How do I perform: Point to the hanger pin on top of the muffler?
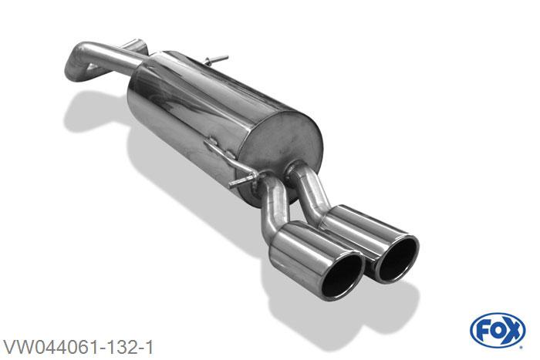pos(216,59)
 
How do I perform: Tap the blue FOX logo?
pos(498,330)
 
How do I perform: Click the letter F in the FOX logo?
pos(481,331)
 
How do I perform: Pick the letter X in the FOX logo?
pos(513,331)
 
